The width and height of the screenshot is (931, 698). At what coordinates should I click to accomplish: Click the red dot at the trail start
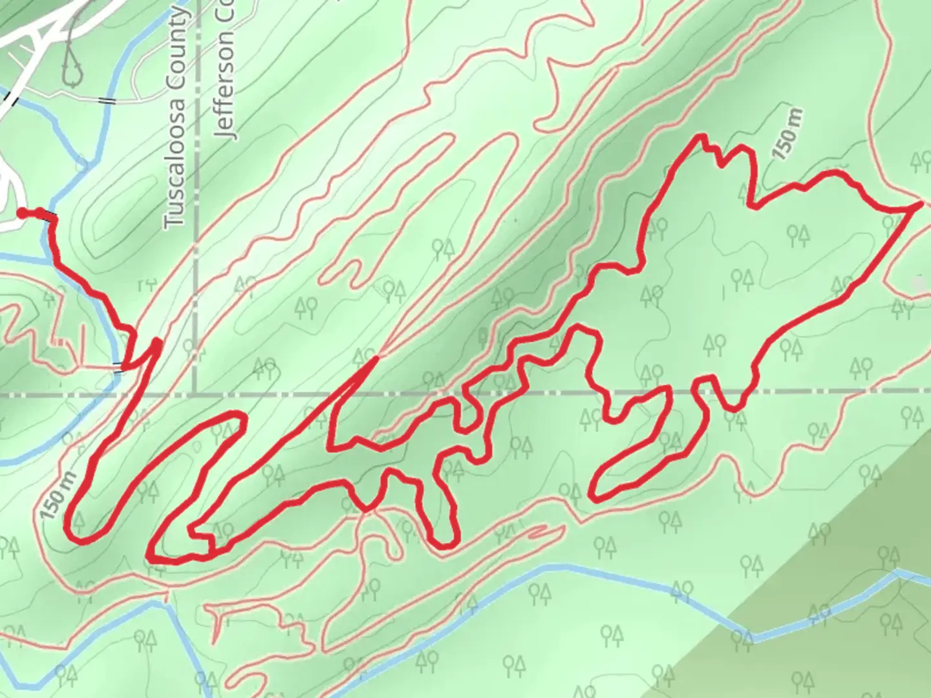coord(21,213)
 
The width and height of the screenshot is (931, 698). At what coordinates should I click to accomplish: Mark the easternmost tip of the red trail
coord(919,204)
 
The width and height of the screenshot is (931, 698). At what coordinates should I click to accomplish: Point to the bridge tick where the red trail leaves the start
coord(50,218)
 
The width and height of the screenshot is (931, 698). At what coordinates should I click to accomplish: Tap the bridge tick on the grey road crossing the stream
coord(107,100)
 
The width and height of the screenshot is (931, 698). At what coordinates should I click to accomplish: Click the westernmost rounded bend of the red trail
coord(68,527)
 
